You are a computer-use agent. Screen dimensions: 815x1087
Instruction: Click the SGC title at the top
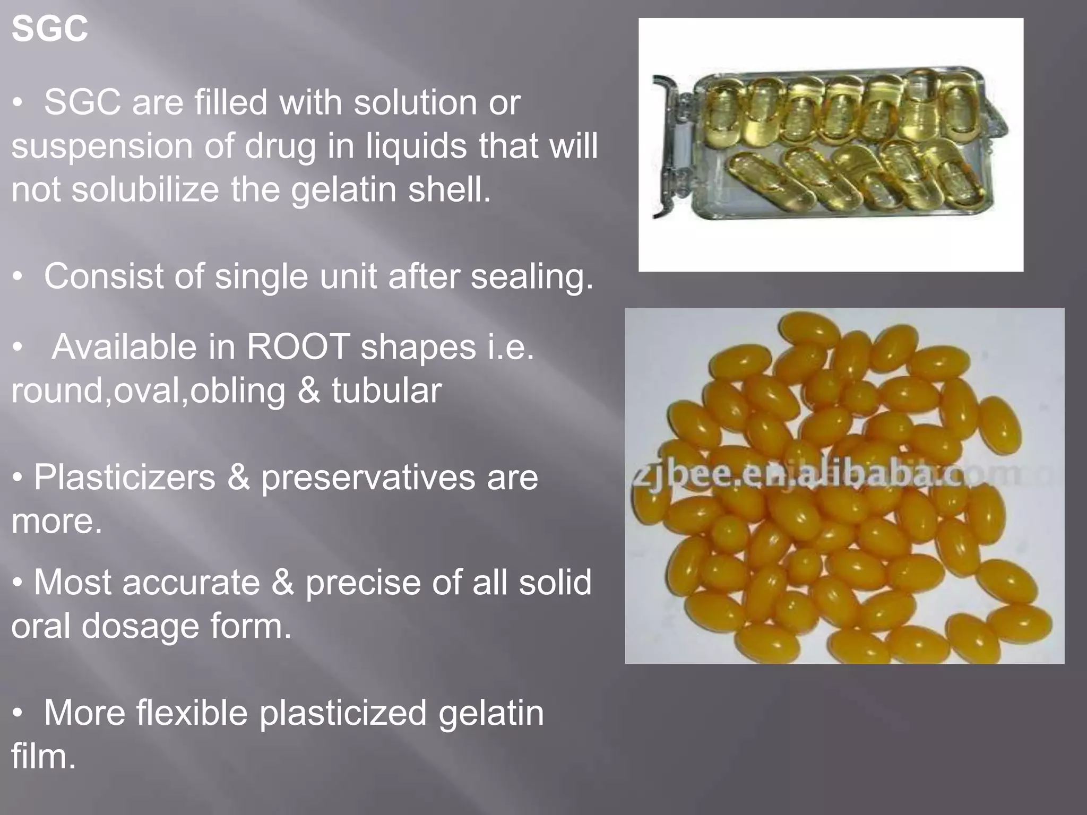pos(49,29)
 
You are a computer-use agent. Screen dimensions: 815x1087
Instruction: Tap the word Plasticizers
pos(125,478)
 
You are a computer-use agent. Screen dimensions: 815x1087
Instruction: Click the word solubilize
pos(145,189)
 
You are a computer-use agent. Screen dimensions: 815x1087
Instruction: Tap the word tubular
pos(386,391)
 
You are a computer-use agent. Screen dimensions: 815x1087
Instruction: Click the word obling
pos(238,391)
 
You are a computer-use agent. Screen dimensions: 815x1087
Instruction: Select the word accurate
pos(191,583)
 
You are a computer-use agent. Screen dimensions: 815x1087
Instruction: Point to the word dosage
pos(140,626)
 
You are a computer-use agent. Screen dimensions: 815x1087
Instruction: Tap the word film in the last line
pos(44,756)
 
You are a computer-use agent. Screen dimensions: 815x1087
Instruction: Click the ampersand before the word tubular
pos(308,391)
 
